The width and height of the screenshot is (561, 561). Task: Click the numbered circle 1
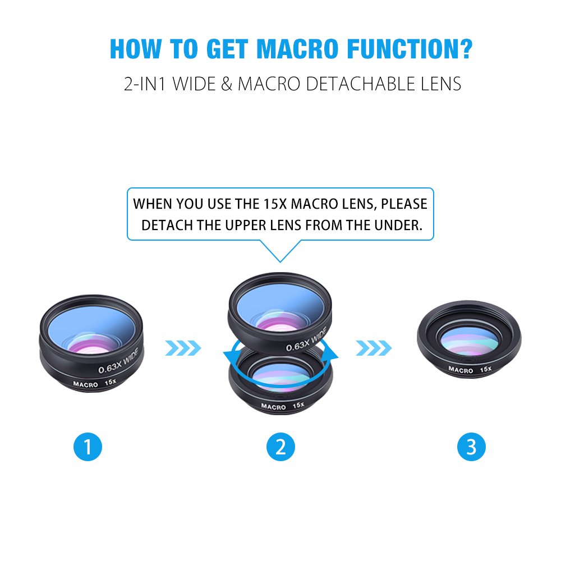pyautogui.click(x=88, y=447)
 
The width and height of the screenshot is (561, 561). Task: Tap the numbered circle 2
pyautogui.click(x=280, y=447)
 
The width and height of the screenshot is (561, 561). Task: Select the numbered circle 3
pyautogui.click(x=471, y=447)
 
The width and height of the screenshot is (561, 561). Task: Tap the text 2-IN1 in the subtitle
pyautogui.click(x=145, y=84)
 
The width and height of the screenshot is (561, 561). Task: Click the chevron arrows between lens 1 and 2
pyautogui.click(x=183, y=348)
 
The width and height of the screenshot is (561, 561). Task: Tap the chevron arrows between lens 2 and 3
pyautogui.click(x=374, y=348)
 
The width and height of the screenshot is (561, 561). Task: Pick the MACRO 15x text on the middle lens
pyautogui.click(x=282, y=406)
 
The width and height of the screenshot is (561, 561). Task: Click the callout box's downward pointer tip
pyautogui.click(x=280, y=261)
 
